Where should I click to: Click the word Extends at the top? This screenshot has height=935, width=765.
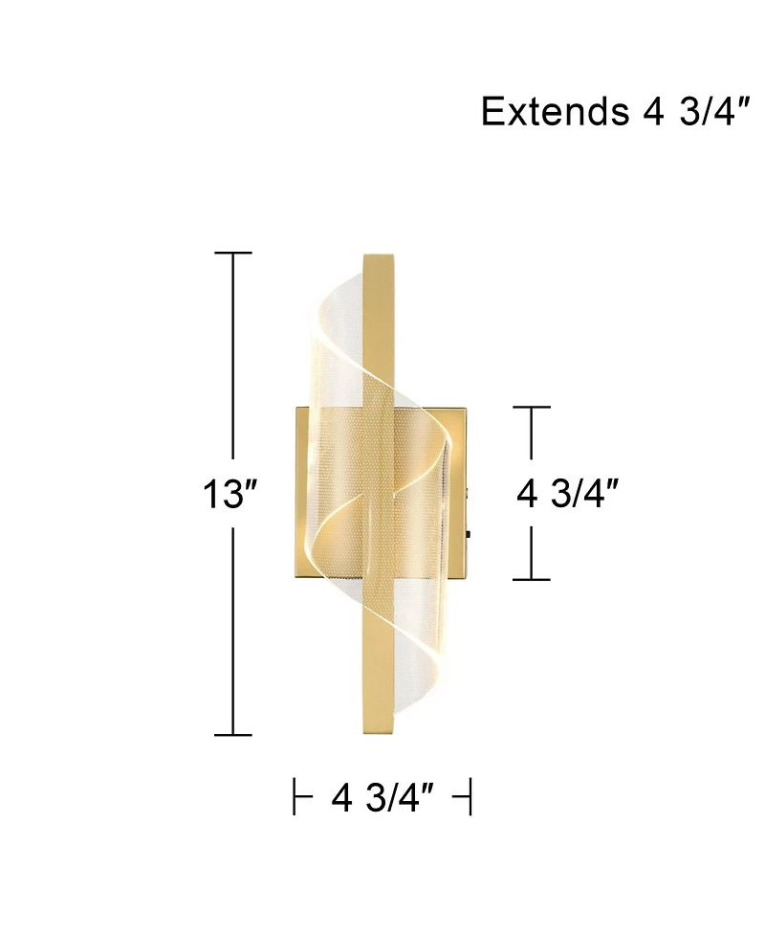pos(550,112)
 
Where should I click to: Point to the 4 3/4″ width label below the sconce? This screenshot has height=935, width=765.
pos(382,796)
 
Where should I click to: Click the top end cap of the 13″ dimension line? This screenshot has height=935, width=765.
pos(233,254)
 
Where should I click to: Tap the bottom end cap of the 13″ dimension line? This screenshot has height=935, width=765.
pos(233,735)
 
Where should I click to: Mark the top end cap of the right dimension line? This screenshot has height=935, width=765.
pos(532,408)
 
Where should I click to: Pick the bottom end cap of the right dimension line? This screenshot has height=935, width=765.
pos(532,579)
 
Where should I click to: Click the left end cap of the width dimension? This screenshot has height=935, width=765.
pos(295,796)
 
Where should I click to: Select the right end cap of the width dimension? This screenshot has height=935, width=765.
pos(469,796)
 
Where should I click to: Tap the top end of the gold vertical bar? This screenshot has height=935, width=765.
pos(379,256)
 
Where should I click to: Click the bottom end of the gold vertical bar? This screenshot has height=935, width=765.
pos(379,733)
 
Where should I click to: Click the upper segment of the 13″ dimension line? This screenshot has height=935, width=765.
pos(233,364)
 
